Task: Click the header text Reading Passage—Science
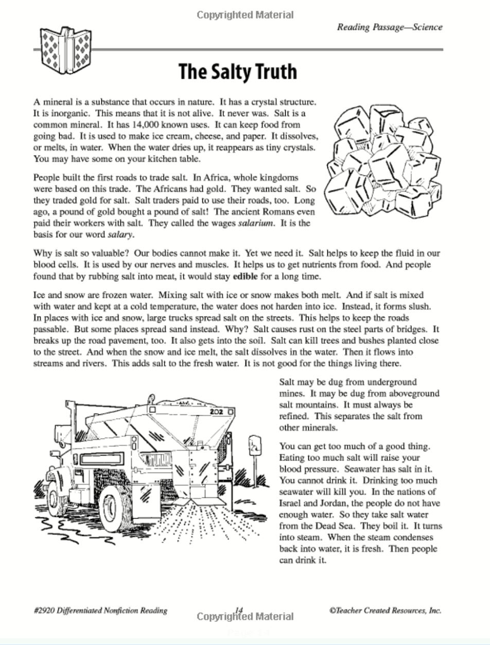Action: click(390, 27)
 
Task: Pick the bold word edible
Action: click(246, 276)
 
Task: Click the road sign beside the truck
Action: click(255, 446)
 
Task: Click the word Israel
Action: click(291, 503)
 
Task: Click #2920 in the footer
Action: click(45, 611)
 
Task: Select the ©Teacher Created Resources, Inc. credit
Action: click(385, 611)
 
